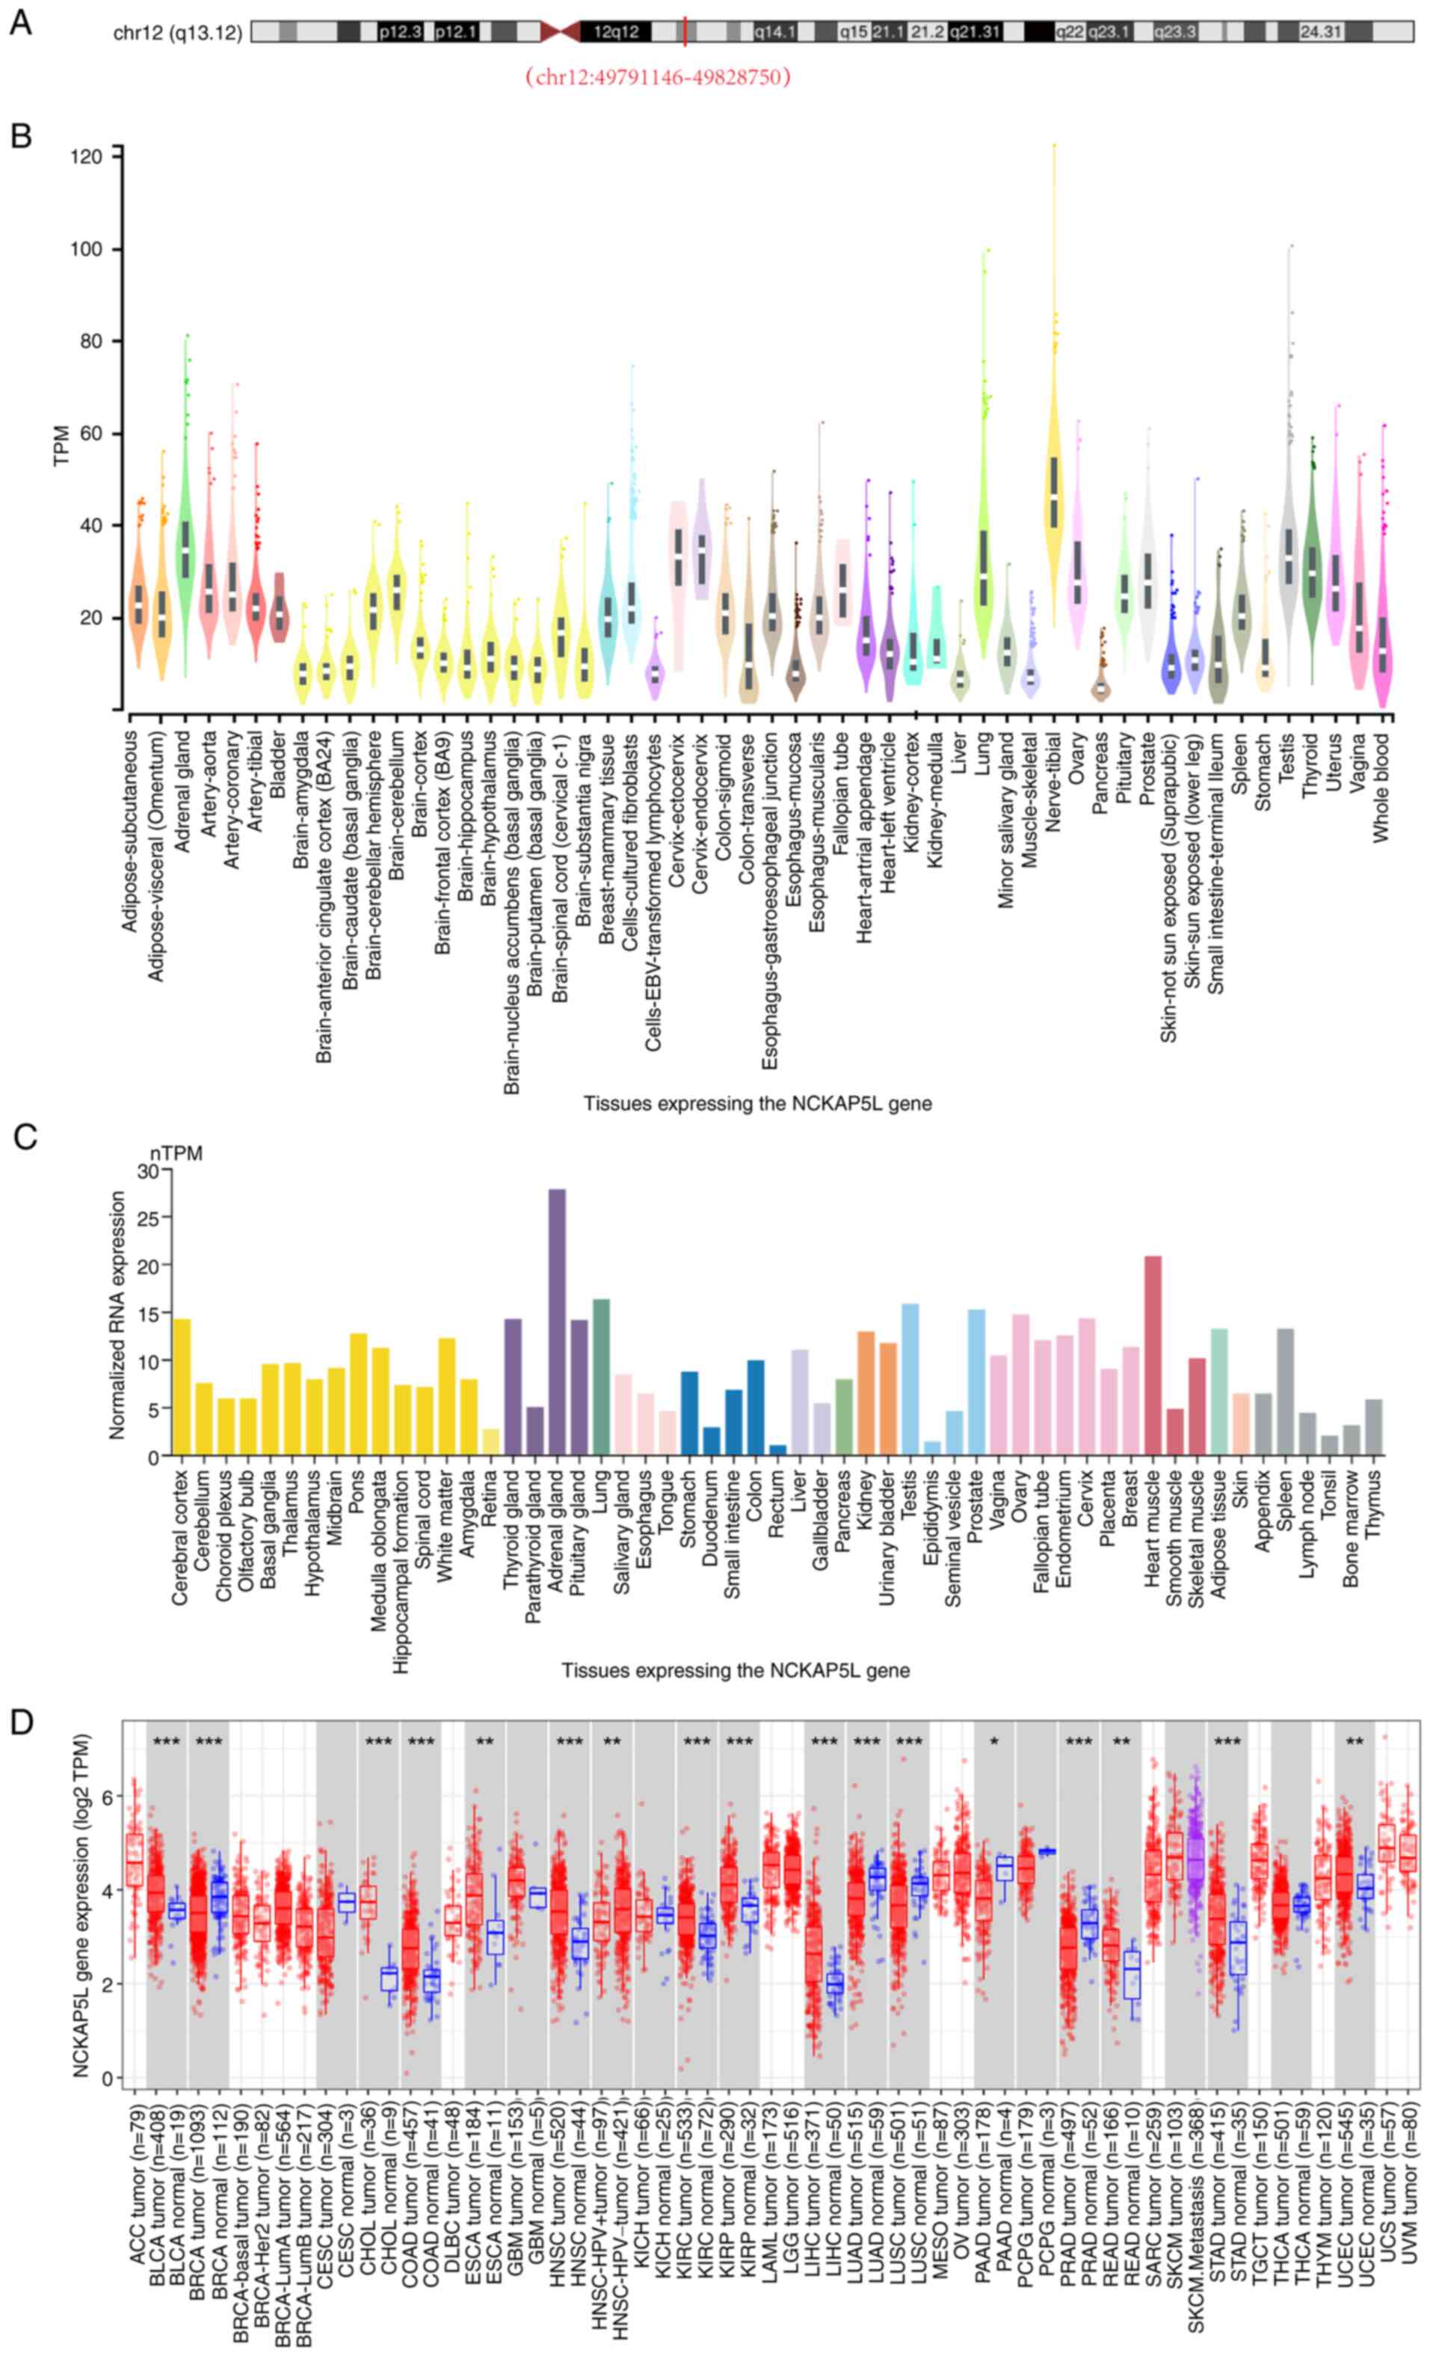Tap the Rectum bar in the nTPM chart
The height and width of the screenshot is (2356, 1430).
pos(777,1450)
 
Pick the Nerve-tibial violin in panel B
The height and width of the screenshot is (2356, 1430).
pos(1054,497)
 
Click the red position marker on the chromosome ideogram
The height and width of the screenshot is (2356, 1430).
pos(685,31)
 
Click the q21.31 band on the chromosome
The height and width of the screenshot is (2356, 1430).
pos(975,31)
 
